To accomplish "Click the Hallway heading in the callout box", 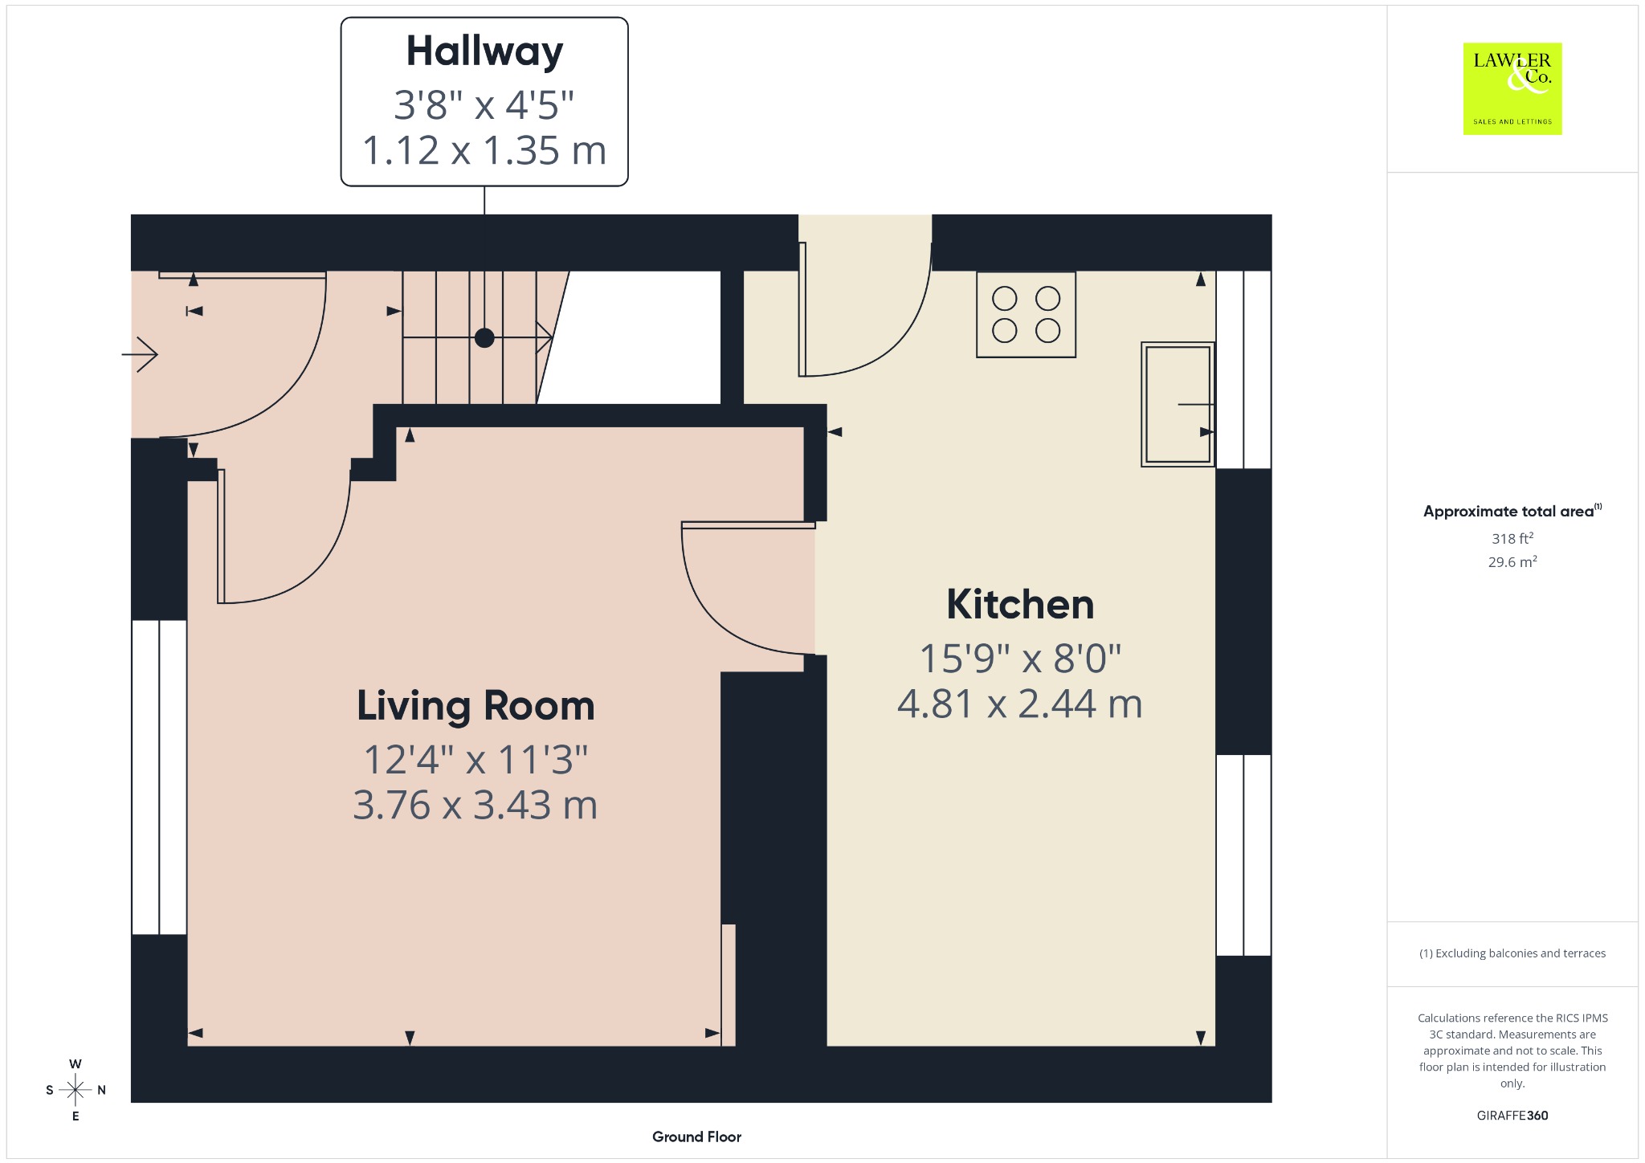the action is coord(484,52).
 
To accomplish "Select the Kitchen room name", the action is coord(1020,604).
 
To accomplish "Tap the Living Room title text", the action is coord(476,707).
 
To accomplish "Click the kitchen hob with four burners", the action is coord(1026,314).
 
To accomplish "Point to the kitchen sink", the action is coord(1178,404).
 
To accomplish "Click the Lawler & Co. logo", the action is coord(1512,88).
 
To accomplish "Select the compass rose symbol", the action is coord(76,1090).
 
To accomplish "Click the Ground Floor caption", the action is coord(696,1136).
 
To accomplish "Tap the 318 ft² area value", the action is coord(1512,538).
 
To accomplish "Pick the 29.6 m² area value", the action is coord(1512,561).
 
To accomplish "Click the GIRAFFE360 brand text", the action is coord(1512,1116).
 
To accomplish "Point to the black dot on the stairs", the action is coord(484,338).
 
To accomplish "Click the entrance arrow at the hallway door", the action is coord(140,354).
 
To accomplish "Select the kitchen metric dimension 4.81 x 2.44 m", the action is coord(1020,704).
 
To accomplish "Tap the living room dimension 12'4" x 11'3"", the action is coord(476,759).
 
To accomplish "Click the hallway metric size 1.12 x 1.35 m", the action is coord(484,150).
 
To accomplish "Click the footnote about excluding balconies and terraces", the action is coord(1512,953).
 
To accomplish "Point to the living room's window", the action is coord(159,777).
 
